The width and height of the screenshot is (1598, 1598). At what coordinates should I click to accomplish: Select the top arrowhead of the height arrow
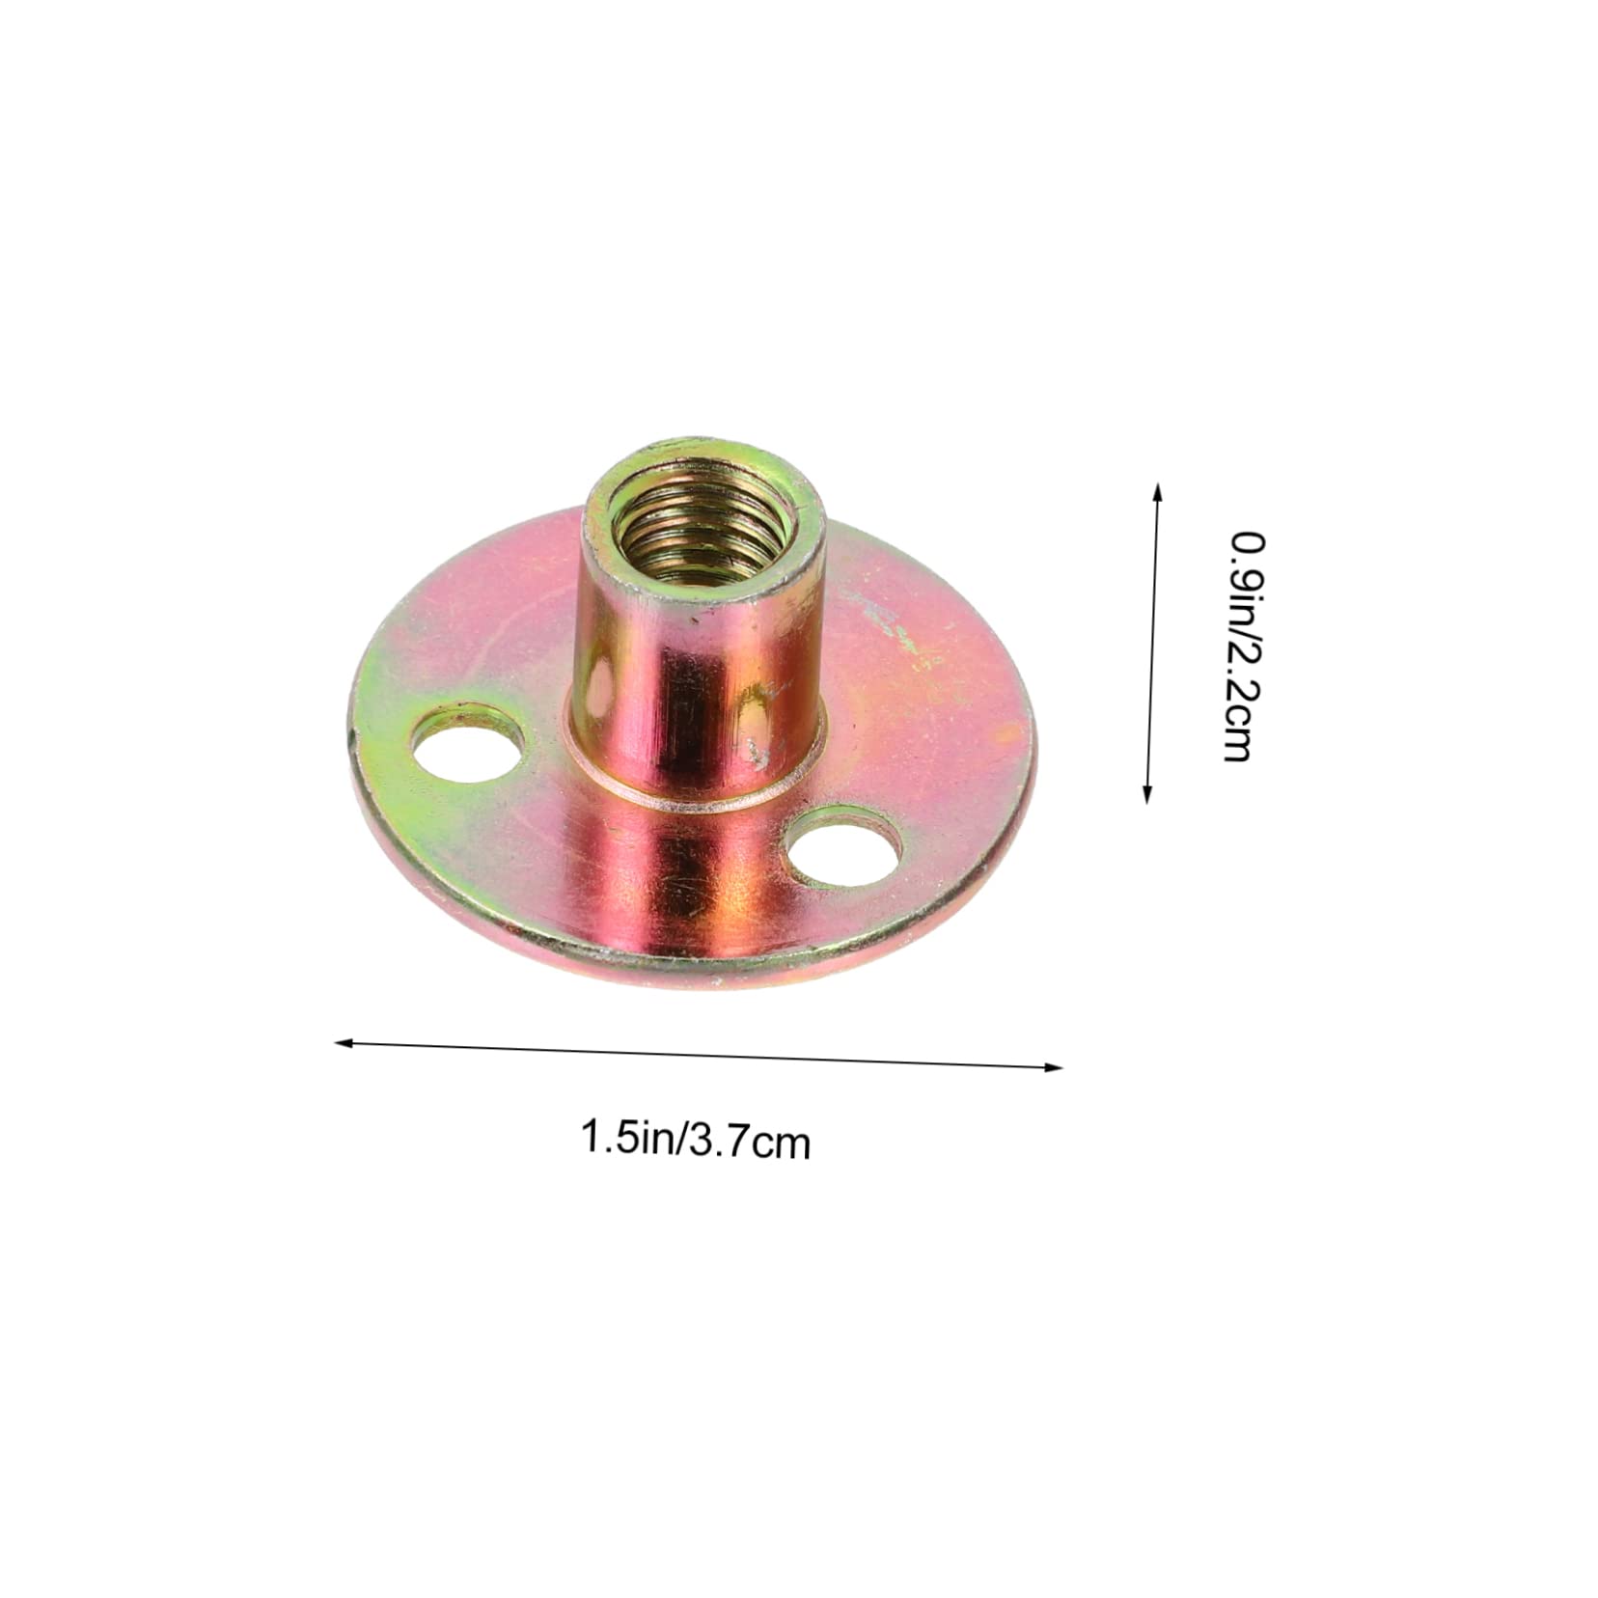[x=1158, y=490]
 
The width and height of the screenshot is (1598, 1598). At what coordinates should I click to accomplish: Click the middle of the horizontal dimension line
[x=699, y=1054]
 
